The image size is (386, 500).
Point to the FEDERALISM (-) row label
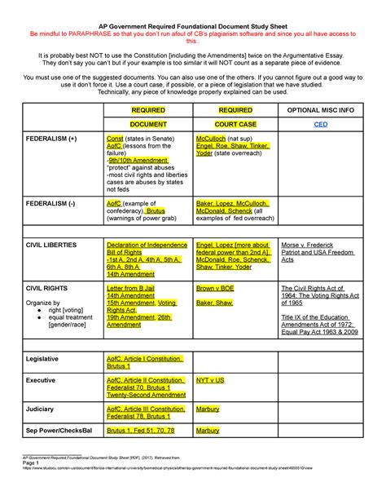coord(53,202)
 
